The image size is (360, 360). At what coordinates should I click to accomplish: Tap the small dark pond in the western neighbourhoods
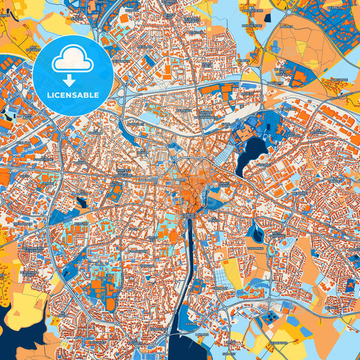[x=82, y=201]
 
